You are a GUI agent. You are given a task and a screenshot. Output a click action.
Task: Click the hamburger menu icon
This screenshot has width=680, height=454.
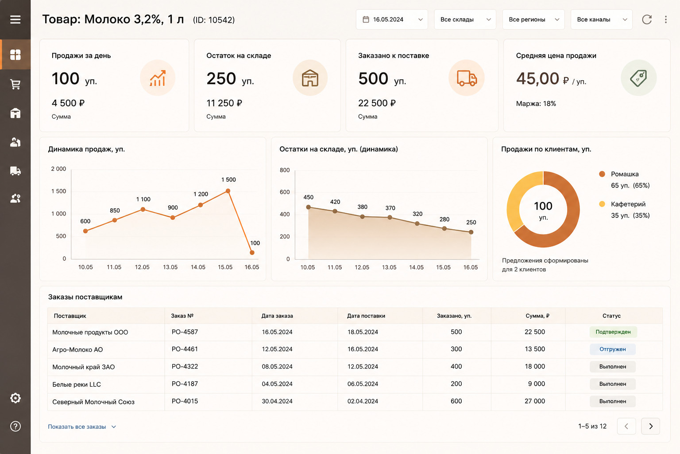click(x=15, y=20)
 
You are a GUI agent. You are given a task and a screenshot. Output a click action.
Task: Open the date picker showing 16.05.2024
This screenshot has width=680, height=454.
click(x=392, y=20)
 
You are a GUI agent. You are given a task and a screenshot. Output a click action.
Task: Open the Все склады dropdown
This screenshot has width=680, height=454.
click(x=465, y=20)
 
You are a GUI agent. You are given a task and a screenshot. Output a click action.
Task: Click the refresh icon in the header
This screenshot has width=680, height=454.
click(x=647, y=20)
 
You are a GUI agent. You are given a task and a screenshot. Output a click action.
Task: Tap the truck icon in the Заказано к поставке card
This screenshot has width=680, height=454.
click(x=467, y=78)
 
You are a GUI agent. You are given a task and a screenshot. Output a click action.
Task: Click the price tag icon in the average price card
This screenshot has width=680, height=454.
click(x=638, y=78)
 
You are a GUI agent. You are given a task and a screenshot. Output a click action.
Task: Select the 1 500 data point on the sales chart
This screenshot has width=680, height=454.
click(x=228, y=191)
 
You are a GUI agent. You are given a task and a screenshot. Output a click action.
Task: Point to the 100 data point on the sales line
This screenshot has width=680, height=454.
click(x=252, y=252)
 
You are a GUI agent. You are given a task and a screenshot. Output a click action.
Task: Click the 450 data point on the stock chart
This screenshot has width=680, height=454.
click(x=309, y=207)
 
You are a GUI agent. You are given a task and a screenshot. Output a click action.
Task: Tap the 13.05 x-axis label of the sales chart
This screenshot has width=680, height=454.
click(x=170, y=267)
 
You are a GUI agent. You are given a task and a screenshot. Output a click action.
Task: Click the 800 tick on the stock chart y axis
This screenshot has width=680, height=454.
click(x=285, y=170)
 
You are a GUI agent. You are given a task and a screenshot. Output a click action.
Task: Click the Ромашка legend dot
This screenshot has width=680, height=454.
click(x=602, y=174)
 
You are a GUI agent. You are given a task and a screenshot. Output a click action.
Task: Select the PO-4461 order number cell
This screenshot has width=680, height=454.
click(x=185, y=349)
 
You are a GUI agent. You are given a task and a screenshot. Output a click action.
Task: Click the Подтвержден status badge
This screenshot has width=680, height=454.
click(x=613, y=332)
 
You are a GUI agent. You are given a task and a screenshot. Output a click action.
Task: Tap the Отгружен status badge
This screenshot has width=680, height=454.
click(x=613, y=349)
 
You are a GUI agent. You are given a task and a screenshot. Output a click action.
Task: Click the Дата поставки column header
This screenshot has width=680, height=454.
click(x=366, y=316)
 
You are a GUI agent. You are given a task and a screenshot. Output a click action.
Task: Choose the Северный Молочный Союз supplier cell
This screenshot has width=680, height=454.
click(x=93, y=402)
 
